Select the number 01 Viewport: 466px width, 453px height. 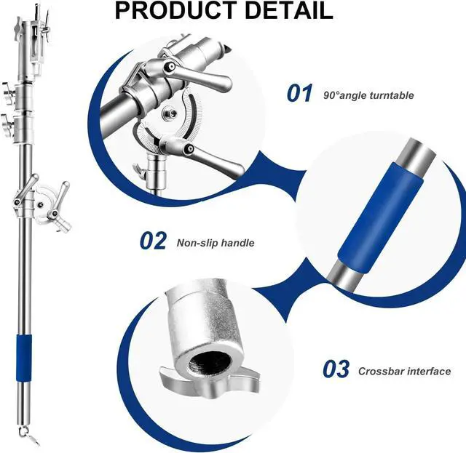point(299,94)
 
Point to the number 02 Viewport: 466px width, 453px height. point(153,241)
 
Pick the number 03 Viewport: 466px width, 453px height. point(336,370)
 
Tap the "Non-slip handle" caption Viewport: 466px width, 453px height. point(216,243)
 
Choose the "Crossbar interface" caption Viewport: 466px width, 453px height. point(404,372)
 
